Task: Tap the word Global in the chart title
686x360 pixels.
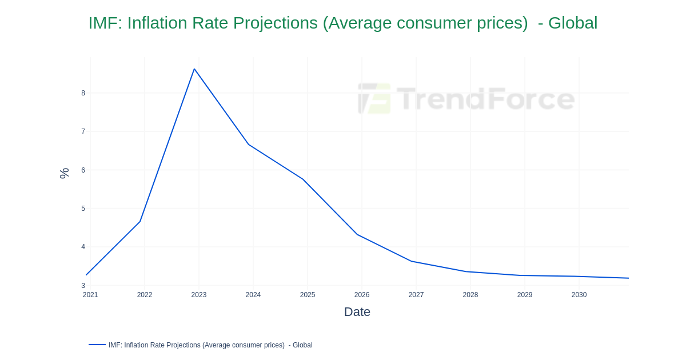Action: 572,23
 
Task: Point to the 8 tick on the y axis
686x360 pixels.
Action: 83,93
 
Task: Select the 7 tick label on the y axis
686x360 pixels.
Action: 83,131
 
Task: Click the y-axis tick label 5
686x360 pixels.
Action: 83,209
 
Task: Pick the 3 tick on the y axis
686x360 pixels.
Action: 83,286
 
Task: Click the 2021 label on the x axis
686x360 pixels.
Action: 90,295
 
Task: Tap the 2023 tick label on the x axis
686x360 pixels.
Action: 199,295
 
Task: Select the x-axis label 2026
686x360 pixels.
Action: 362,295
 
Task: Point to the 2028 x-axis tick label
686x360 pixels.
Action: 470,295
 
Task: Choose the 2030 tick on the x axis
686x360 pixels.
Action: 579,295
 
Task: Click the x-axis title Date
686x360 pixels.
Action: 357,312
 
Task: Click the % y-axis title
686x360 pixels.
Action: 64,173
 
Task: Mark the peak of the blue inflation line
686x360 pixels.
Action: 194,69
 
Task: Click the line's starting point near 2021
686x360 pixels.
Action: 86,275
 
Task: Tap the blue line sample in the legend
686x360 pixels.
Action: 97,345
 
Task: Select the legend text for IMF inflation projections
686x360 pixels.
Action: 210,345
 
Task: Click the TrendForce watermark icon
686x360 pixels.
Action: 374,98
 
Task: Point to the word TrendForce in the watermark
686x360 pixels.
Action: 485,98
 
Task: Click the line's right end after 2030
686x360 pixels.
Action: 628,278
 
